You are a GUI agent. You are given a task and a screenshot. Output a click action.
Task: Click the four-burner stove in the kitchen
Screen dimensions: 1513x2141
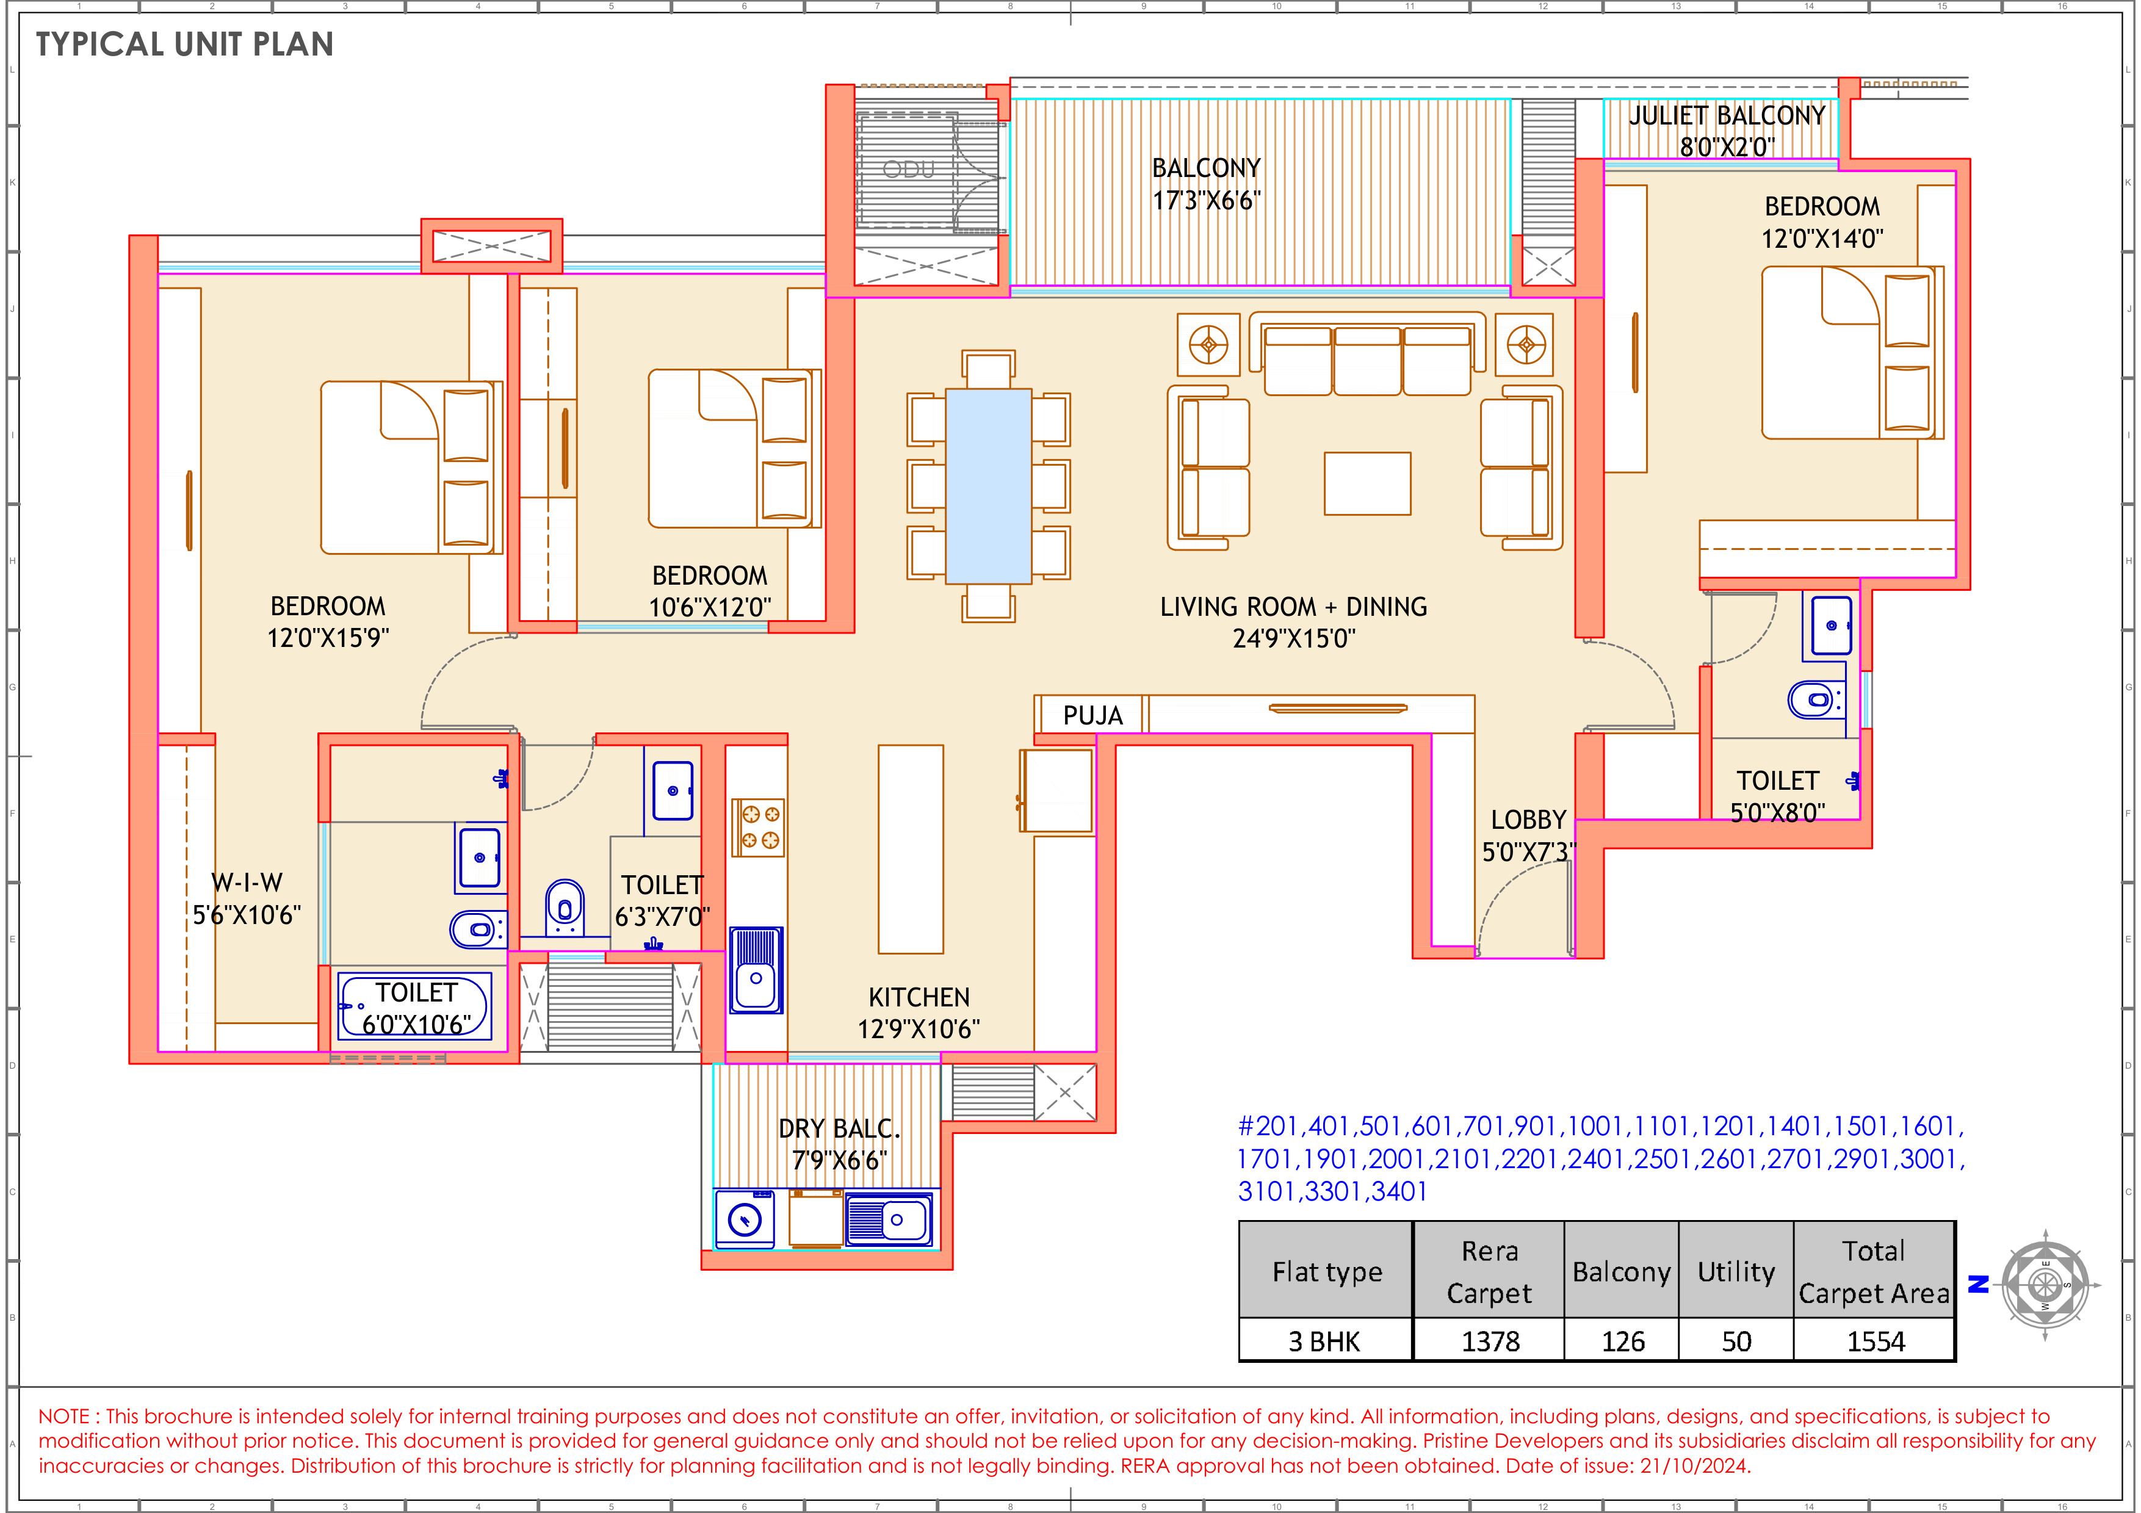pos(758,827)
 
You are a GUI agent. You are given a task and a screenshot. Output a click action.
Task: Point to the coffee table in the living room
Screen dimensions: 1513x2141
pos(1367,483)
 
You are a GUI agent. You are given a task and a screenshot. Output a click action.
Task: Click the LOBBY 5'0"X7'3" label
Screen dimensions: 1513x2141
pos(1528,836)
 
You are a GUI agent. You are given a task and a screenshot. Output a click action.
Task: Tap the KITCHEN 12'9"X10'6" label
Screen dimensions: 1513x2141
pos(919,1013)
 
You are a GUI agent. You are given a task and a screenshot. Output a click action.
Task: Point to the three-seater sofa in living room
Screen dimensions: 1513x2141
pos(1367,358)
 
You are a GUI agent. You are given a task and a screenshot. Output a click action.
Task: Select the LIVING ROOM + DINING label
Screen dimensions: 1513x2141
pos(1293,622)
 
